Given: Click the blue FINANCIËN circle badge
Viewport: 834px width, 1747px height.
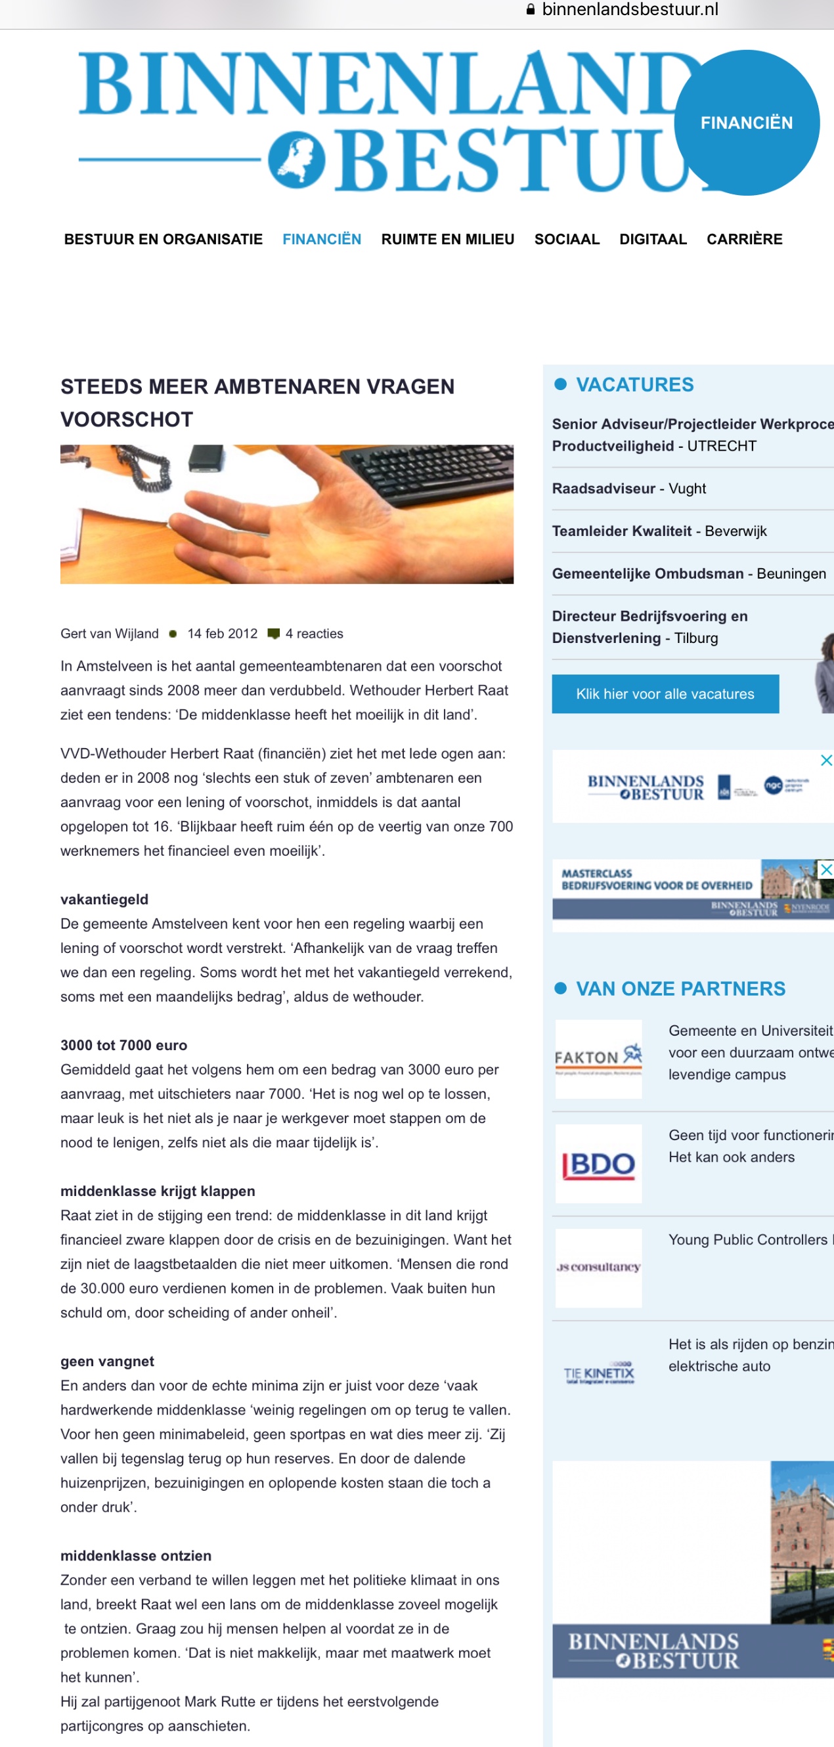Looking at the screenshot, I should [747, 123].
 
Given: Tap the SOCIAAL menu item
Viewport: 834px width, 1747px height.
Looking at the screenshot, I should [567, 240].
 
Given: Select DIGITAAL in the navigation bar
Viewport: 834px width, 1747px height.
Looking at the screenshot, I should [653, 240].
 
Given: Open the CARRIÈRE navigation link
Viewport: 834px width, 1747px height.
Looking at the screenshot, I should [745, 240].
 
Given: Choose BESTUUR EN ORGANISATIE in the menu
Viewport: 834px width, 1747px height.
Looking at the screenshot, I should [164, 240].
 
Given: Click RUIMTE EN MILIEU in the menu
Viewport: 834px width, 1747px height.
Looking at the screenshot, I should [447, 240].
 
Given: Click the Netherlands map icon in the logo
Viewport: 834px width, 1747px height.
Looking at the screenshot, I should [296, 161].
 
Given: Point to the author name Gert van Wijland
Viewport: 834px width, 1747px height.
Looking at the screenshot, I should [109, 633].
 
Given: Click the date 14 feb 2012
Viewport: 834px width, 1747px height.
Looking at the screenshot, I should [223, 633].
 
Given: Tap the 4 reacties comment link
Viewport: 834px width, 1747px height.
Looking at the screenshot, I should [313, 633].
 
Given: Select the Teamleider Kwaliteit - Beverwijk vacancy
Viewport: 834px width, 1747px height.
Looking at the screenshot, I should [659, 531].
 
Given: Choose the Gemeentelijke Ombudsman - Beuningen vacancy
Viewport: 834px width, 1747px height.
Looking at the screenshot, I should [689, 574].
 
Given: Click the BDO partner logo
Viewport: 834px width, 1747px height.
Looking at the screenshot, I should [599, 1164].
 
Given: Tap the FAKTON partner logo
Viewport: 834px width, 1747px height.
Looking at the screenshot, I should [599, 1059].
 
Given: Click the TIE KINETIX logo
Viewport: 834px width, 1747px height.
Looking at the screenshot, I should [599, 1373].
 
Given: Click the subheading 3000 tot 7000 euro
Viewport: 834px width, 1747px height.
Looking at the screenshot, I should [123, 1045].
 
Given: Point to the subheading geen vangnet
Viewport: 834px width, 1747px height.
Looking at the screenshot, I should [107, 1361].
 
